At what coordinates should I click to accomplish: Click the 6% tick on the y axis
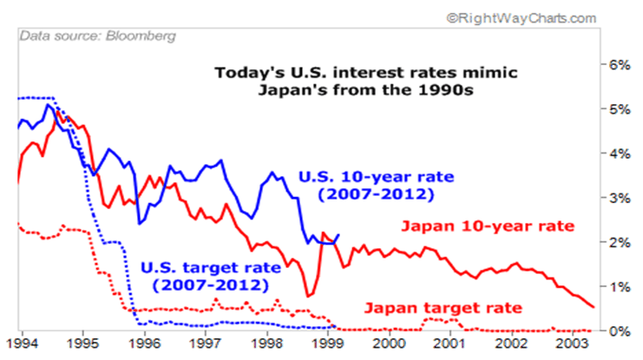click(617, 64)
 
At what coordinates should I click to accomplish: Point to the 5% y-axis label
click(617, 108)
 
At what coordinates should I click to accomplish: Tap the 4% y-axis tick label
click(617, 154)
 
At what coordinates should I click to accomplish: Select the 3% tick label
click(617, 198)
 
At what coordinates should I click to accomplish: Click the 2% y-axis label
click(617, 242)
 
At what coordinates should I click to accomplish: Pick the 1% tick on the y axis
click(617, 286)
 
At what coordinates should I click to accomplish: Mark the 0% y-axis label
click(617, 331)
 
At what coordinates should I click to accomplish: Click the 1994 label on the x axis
click(21, 344)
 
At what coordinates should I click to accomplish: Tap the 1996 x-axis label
click(144, 344)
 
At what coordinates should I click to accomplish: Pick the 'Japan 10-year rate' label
click(487, 226)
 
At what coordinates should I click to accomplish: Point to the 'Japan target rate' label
click(443, 307)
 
